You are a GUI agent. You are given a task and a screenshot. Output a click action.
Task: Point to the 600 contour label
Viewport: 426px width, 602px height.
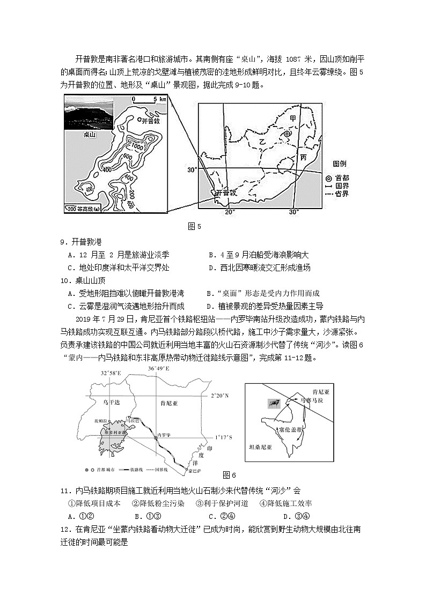pos(127,157)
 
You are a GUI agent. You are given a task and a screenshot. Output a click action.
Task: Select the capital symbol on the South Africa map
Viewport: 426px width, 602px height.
pos(287,134)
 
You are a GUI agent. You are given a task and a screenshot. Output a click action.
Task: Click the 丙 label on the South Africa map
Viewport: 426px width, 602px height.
pos(304,158)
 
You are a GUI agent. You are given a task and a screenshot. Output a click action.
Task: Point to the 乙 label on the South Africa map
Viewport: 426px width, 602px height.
pos(262,140)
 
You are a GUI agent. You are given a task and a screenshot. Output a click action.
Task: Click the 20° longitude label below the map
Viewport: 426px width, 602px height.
pos(230,212)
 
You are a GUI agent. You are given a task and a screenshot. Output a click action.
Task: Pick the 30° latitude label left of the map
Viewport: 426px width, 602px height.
pos(192,170)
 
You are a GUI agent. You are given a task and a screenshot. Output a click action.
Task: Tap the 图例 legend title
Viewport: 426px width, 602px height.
pos(339,163)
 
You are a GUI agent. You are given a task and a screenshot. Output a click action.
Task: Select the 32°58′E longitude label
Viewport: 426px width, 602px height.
pos(111,373)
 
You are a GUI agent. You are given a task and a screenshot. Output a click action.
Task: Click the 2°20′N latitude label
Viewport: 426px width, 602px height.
pos(218,395)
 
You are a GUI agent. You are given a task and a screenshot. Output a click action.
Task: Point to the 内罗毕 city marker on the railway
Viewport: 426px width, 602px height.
pos(156,438)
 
